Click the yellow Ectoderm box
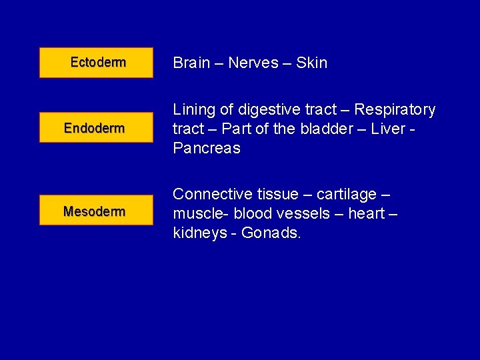(x=96, y=63)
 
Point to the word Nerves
(x=253, y=63)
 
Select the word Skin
(x=311, y=63)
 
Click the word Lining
(x=194, y=109)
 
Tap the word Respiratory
(x=395, y=109)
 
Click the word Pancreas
(x=207, y=148)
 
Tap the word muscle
(x=195, y=214)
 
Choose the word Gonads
(x=271, y=234)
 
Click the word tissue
(x=278, y=194)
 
